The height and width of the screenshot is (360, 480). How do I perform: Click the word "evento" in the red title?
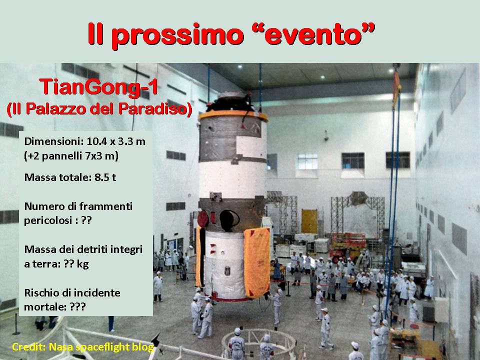(x=313, y=34)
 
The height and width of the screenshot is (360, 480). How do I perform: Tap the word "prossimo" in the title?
(x=177, y=36)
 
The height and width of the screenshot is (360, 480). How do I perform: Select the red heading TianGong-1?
(x=98, y=86)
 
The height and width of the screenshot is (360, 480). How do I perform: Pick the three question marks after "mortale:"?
(x=78, y=306)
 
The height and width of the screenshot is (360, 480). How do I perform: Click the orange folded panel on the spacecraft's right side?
(x=256, y=262)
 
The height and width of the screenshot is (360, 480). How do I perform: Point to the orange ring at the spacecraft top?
(x=233, y=115)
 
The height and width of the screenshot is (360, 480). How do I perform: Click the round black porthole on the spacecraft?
(x=229, y=220)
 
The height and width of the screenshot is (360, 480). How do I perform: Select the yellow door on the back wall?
(x=309, y=221)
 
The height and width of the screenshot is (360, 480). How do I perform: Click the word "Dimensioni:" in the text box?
(x=54, y=141)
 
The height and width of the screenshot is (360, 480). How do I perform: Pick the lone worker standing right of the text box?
(x=158, y=287)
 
